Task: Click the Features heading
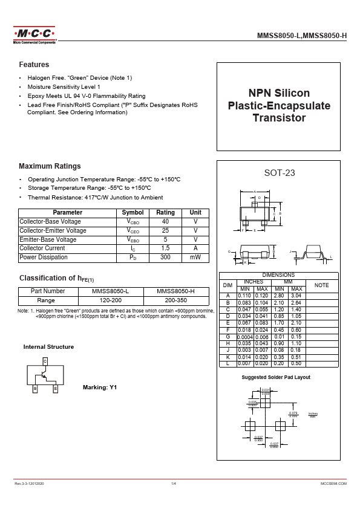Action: point(34,65)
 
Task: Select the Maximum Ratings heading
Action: point(50,166)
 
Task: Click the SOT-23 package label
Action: point(280,173)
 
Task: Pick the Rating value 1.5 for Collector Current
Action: point(165,248)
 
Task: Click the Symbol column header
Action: point(133,213)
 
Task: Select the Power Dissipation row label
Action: point(44,258)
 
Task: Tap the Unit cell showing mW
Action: point(195,258)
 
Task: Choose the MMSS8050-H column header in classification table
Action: point(175,291)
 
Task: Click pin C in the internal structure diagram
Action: point(45,361)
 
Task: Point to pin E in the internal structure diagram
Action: point(55,389)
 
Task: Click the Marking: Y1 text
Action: point(99,387)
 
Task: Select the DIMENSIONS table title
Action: point(278,275)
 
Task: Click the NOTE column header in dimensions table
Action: point(322,285)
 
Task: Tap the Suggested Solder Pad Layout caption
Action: point(276,377)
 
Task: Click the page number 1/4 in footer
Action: point(174,484)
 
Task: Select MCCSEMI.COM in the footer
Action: point(333,484)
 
